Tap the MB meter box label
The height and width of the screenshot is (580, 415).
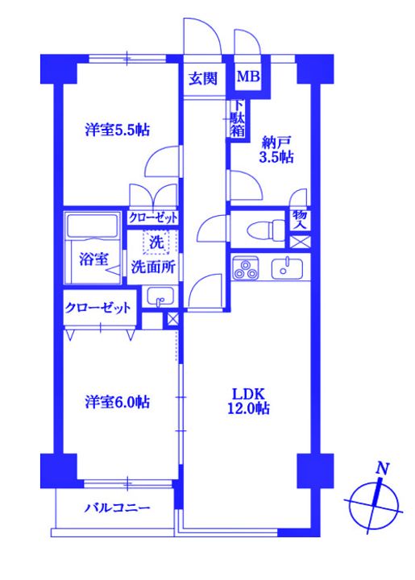247,78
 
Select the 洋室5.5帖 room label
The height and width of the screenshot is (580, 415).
118,129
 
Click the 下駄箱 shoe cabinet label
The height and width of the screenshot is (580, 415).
238,119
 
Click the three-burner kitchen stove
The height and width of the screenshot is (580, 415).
247,269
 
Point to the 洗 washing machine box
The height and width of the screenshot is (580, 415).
155,241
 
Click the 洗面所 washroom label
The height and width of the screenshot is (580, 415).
154,268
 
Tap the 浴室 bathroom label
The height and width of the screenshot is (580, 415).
93,259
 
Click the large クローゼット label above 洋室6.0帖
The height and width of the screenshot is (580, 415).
98,308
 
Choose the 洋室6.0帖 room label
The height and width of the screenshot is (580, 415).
118,402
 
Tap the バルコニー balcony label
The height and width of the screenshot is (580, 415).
118,508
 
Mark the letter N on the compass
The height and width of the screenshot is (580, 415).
384,469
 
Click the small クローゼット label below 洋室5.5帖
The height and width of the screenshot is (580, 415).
153,218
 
